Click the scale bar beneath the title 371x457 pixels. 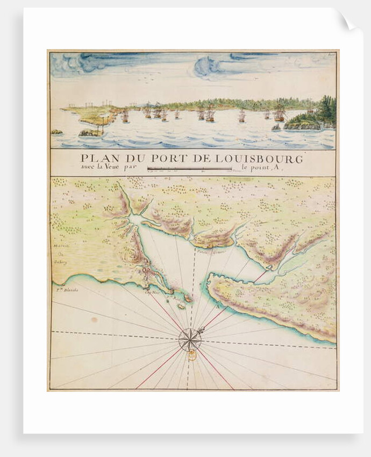coord(189,169)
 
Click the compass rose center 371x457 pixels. coord(189,339)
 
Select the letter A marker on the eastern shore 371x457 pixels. coord(217,307)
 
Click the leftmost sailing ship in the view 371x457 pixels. coord(124,116)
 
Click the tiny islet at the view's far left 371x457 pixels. coord(56,132)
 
